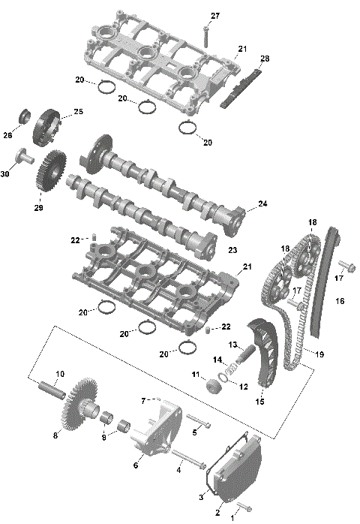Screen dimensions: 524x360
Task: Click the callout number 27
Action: pyautogui.click(x=215, y=16)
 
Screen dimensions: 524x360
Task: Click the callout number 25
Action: pyautogui.click(x=77, y=113)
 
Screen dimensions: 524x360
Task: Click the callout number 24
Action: pyautogui.click(x=262, y=203)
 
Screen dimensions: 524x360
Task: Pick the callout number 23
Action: pyautogui.click(x=232, y=250)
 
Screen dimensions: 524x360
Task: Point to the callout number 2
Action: pyautogui.click(x=218, y=513)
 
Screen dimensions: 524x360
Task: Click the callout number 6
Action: pyautogui.click(x=136, y=465)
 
